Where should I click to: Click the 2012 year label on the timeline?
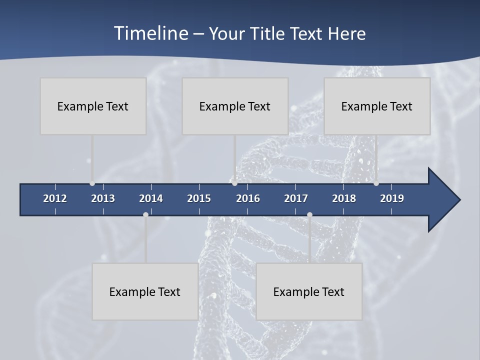click(x=55, y=198)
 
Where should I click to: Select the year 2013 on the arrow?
click(x=103, y=198)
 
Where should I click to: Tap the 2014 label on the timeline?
click(x=151, y=198)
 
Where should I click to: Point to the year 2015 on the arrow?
click(x=199, y=198)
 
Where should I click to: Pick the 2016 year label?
click(x=248, y=198)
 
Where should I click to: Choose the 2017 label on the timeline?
click(x=296, y=198)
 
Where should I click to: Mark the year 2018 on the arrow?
click(x=344, y=198)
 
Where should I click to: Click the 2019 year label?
click(x=392, y=198)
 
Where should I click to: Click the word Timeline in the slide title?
click(x=151, y=33)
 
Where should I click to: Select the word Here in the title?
click(x=346, y=34)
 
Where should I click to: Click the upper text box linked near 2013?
click(x=93, y=106)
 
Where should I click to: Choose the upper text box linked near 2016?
click(x=235, y=106)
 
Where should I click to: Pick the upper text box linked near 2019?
click(x=377, y=106)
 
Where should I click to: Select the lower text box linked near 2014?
click(x=145, y=291)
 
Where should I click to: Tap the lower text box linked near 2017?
click(x=309, y=291)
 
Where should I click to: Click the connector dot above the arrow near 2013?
click(x=92, y=183)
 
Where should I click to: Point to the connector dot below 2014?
click(x=145, y=214)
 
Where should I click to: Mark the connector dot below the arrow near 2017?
click(x=309, y=214)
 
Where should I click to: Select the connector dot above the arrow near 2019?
click(x=376, y=183)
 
